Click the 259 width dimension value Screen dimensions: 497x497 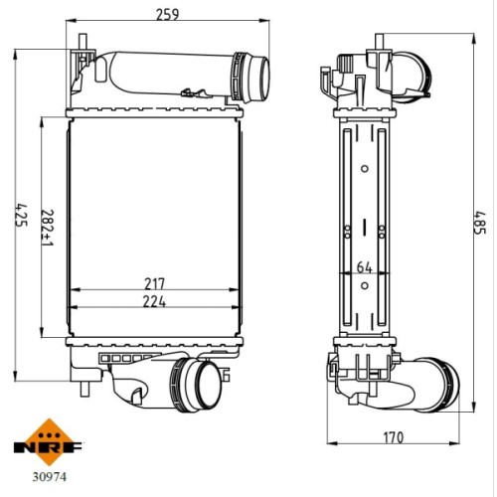tap(167, 14)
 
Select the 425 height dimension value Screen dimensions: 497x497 tap(21, 215)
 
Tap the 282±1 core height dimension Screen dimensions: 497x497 tap(47, 228)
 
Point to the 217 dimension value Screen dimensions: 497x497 tap(154, 283)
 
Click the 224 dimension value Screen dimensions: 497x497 tap(154, 301)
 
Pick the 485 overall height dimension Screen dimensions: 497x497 tap(480, 223)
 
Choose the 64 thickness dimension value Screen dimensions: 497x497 tap(364, 267)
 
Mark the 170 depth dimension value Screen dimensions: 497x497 tap(394, 437)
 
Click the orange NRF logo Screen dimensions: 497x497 tap(49, 442)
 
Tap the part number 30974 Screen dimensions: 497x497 tap(49, 477)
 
